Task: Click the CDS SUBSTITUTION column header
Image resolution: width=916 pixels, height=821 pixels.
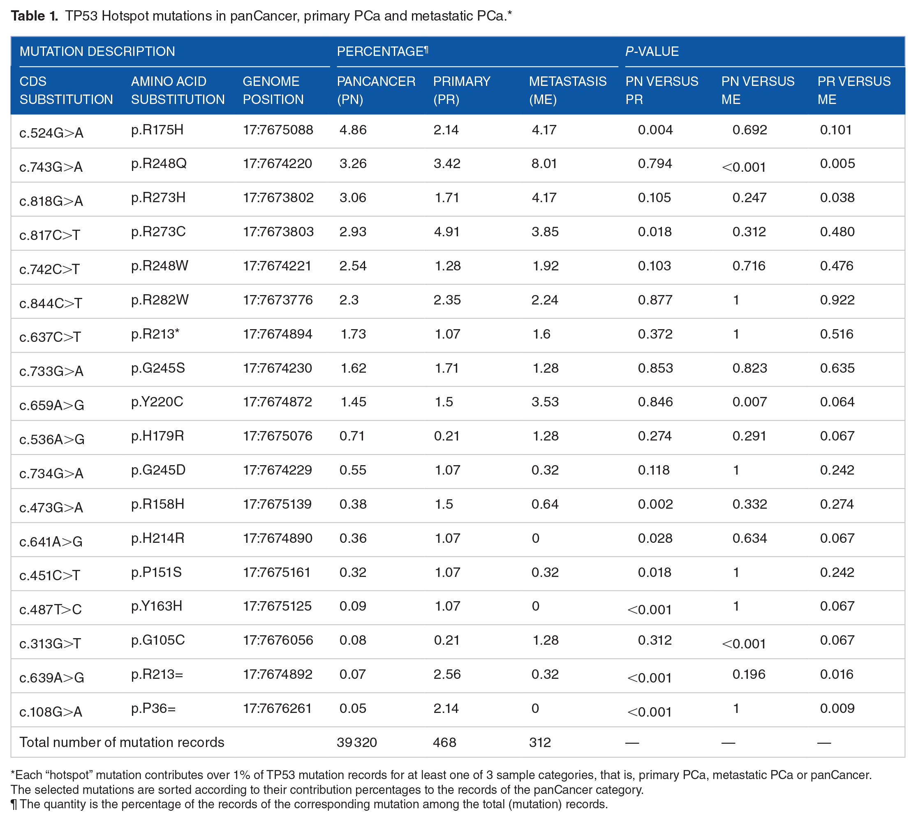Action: tap(66, 90)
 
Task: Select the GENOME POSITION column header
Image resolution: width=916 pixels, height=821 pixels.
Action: tap(273, 90)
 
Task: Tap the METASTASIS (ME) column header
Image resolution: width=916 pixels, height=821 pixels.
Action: tap(568, 90)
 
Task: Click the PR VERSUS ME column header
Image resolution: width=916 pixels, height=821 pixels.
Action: tap(854, 90)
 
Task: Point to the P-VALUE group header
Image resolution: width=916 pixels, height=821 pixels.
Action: tap(652, 51)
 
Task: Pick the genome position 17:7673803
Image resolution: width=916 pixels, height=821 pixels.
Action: tap(278, 232)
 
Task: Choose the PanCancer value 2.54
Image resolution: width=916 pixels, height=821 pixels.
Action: tap(353, 266)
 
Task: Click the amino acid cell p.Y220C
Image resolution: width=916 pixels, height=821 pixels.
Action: tap(157, 401)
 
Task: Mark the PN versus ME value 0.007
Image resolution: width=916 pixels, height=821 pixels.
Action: tap(749, 402)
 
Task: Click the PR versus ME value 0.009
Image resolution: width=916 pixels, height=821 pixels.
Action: tap(837, 708)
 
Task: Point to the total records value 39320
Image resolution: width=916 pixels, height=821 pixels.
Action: tap(356, 743)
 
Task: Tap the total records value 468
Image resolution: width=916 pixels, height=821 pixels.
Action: tap(444, 743)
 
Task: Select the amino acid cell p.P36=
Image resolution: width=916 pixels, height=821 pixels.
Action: tap(153, 708)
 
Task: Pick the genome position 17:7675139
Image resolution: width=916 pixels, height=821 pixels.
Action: tap(277, 504)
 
